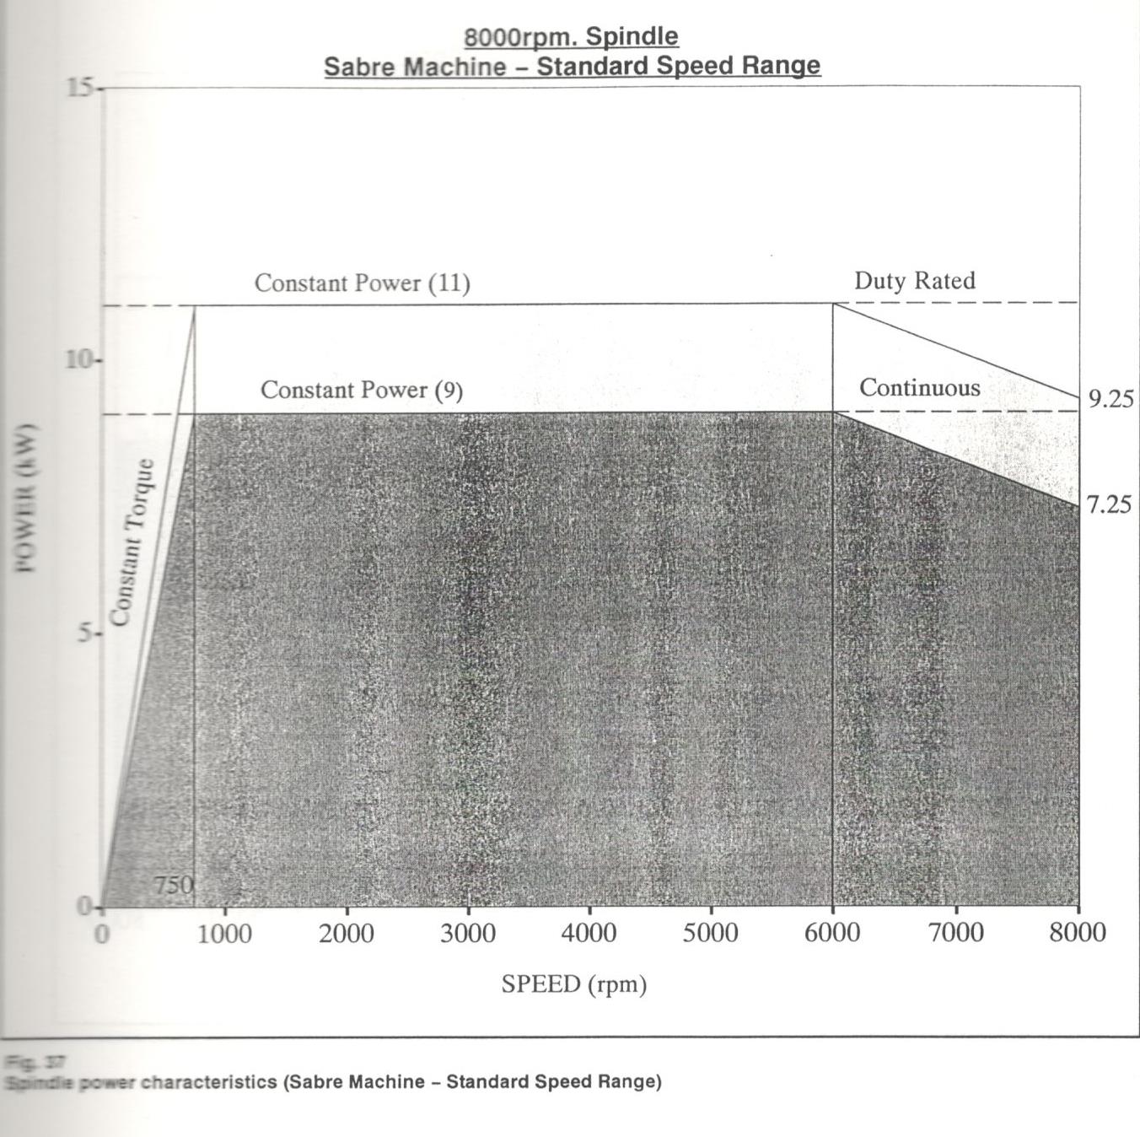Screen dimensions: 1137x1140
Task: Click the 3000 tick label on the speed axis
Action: pyautogui.click(x=468, y=933)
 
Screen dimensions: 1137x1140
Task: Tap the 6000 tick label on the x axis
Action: pyautogui.click(x=832, y=933)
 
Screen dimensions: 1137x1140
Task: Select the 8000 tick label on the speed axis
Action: pyautogui.click(x=1078, y=932)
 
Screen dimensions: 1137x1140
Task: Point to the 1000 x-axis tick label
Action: pyautogui.click(x=224, y=934)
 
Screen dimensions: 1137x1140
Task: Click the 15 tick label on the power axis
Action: pyautogui.click(x=80, y=88)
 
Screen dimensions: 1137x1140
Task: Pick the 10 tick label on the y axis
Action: pyautogui.click(x=80, y=360)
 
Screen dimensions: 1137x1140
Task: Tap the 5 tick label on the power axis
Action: pyautogui.click(x=86, y=633)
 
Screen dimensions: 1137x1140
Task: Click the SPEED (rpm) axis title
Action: pyautogui.click(x=574, y=984)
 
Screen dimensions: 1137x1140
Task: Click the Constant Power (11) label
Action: pyautogui.click(x=363, y=283)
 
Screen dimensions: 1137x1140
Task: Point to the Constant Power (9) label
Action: pyautogui.click(x=362, y=390)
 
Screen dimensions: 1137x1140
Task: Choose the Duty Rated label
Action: pyautogui.click(x=915, y=281)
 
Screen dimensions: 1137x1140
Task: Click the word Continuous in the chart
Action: pyautogui.click(x=920, y=388)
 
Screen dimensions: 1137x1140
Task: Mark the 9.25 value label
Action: pyautogui.click(x=1110, y=399)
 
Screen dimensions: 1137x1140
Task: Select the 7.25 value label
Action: pyautogui.click(x=1109, y=505)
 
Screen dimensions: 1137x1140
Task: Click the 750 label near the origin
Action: pyautogui.click(x=174, y=885)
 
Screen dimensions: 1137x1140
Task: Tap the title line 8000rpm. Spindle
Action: pyautogui.click(x=572, y=37)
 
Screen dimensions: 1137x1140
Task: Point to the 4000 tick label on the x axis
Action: pyautogui.click(x=589, y=933)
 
